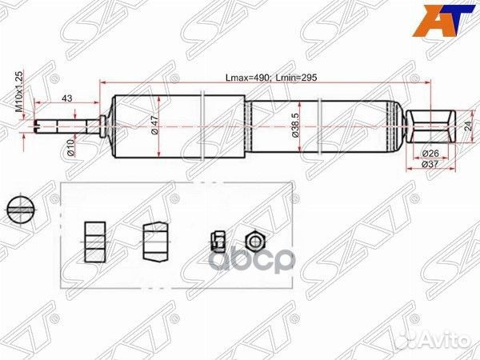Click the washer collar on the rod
coord(102,124)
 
